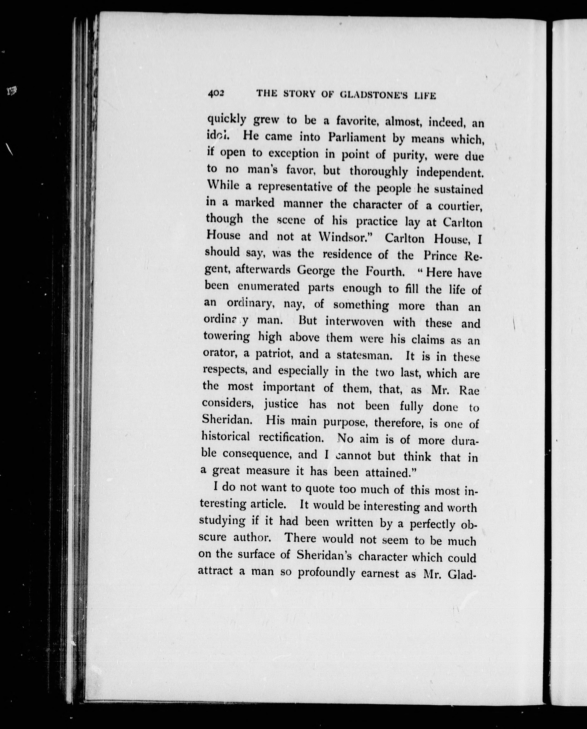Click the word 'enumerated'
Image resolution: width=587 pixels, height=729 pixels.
coord(268,287)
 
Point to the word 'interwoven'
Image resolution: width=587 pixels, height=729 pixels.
coord(354,321)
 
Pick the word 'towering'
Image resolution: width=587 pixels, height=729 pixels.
coord(227,337)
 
